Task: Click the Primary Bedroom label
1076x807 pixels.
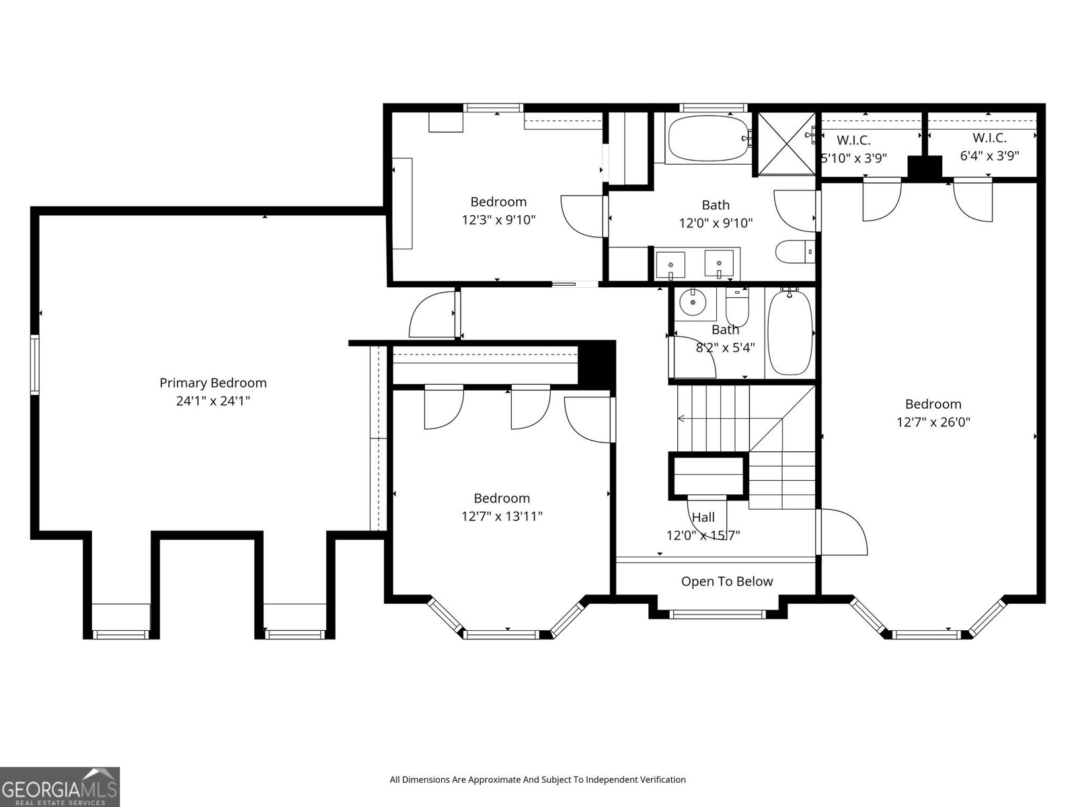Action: click(x=213, y=383)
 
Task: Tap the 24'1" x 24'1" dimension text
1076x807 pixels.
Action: click(x=213, y=401)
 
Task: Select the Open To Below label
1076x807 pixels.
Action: click(x=727, y=582)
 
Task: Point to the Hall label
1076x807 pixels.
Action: click(x=703, y=517)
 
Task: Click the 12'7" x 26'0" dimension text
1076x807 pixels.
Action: click(x=933, y=422)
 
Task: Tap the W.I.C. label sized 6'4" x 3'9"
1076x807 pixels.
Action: click(x=990, y=138)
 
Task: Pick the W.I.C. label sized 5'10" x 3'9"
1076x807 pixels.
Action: click(x=853, y=140)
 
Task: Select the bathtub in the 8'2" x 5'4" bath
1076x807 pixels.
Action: click(x=790, y=332)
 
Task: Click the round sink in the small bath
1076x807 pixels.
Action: click(x=692, y=303)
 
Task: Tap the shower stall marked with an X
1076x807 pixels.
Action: click(x=786, y=143)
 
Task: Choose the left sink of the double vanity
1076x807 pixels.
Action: click(x=670, y=264)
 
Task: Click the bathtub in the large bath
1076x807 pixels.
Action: click(x=707, y=138)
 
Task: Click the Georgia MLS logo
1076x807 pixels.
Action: click(x=60, y=787)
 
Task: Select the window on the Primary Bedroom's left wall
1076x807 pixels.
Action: click(x=35, y=364)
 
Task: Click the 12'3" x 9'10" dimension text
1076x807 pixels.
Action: click(x=498, y=219)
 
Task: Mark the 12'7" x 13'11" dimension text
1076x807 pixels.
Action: click(x=502, y=516)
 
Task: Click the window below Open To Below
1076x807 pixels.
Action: click(x=717, y=614)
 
